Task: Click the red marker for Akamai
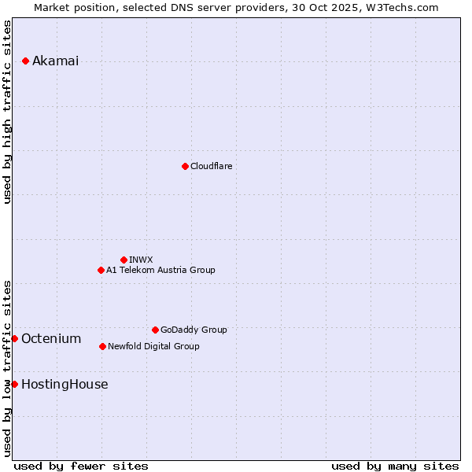tap(26, 61)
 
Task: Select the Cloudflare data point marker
tap(185, 166)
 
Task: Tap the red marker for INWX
tap(124, 260)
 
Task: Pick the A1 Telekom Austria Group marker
tap(101, 270)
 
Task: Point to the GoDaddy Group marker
tap(155, 330)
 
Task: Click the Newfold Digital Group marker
tap(102, 346)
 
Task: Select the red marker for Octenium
tap(14, 338)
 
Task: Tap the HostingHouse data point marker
tap(14, 384)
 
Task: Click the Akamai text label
tap(55, 61)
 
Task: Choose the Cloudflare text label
tap(211, 166)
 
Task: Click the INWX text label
tap(141, 260)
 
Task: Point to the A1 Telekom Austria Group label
tap(160, 270)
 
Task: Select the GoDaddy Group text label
tap(194, 330)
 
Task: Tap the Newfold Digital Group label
tap(153, 346)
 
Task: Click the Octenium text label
tap(51, 338)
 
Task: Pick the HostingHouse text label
tap(65, 384)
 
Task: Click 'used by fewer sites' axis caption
tap(81, 466)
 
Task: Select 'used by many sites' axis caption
tap(395, 466)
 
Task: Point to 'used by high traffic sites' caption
tap(8, 112)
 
